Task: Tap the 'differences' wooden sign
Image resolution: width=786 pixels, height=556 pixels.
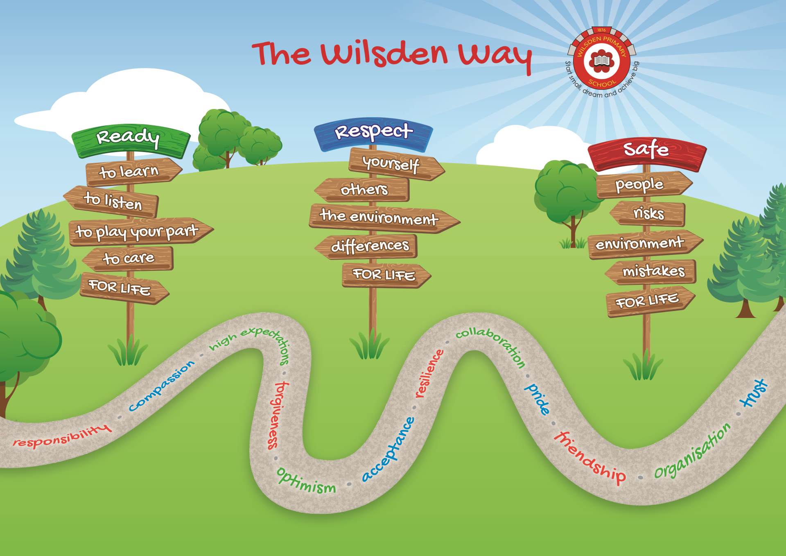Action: [x=368, y=246]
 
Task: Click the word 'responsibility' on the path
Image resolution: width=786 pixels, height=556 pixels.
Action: [x=61, y=437]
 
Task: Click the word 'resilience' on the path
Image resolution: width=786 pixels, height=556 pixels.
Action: [x=429, y=374]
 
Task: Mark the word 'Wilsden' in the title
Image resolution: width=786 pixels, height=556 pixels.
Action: [x=385, y=55]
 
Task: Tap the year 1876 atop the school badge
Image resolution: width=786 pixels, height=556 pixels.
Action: [x=601, y=30]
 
